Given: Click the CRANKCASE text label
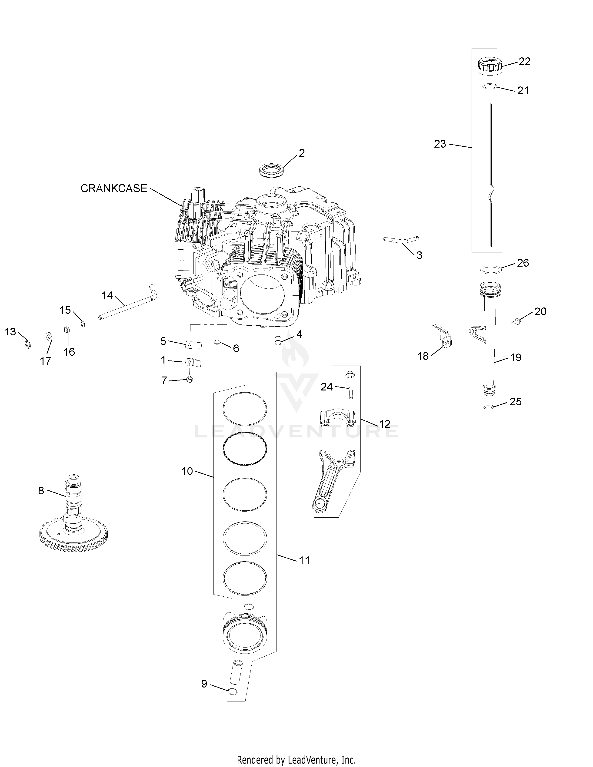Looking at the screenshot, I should click(114, 188).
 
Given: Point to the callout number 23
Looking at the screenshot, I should click(440, 144).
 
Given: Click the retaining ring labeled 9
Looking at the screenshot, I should click(232, 691).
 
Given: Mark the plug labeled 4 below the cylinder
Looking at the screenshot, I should click(278, 339).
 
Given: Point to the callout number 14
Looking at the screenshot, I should click(107, 296).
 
